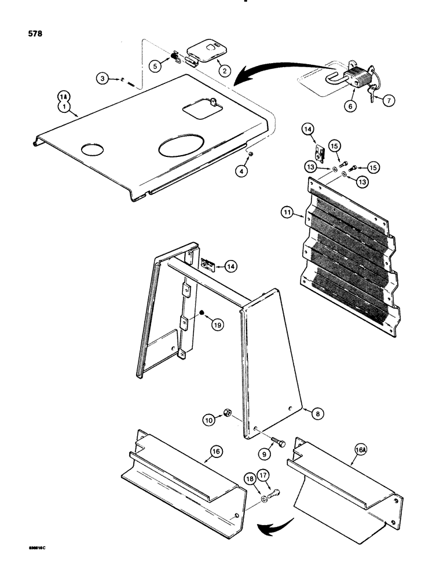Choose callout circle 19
(216, 326)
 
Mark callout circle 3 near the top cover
(102, 78)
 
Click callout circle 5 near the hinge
(154, 66)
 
